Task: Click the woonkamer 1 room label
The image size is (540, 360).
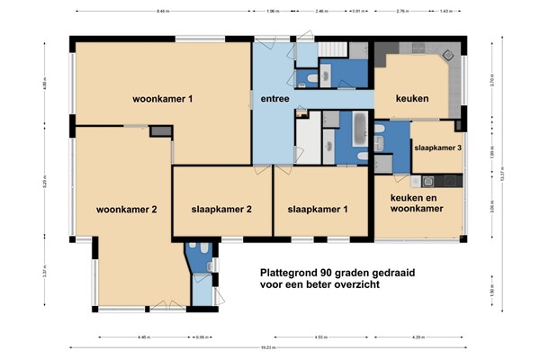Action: coord(163,99)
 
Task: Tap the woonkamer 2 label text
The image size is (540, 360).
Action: coord(127,210)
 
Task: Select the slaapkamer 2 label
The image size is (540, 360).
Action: coord(220,210)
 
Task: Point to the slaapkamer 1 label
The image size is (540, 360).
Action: coord(317,210)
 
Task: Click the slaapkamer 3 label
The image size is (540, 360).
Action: coord(437,148)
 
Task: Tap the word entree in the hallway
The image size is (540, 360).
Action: coord(274,99)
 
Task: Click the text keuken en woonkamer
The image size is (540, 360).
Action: coord(417,202)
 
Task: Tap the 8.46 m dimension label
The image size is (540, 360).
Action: coord(162,12)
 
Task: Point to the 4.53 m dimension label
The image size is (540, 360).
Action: coord(320,337)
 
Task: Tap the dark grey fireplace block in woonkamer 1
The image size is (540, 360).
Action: coord(160,132)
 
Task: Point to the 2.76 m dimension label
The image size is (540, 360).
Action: coord(401,12)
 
